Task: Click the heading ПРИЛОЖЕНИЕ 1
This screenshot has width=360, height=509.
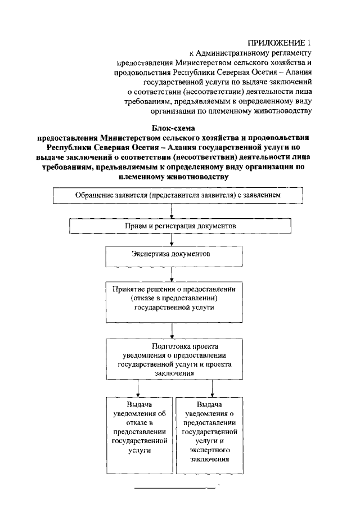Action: (x=279, y=43)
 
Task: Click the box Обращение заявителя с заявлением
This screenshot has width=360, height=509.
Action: (x=178, y=196)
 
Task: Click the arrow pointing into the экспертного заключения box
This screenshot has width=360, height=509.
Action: (x=212, y=389)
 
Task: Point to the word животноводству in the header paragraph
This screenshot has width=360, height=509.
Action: (x=283, y=110)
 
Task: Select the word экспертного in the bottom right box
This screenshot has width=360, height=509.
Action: (x=213, y=451)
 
